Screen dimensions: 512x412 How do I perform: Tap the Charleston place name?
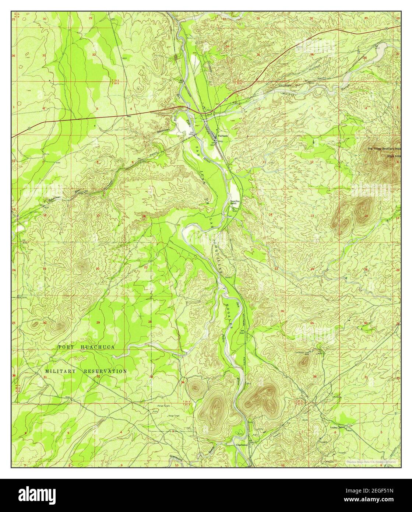point(241,445)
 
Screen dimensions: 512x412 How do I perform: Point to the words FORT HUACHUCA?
point(87,347)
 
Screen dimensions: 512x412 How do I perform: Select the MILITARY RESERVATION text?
point(86,371)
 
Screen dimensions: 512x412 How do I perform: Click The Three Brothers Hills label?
point(383,149)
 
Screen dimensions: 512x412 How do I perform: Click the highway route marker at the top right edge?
point(386,28)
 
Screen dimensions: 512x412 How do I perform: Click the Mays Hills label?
point(393,156)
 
